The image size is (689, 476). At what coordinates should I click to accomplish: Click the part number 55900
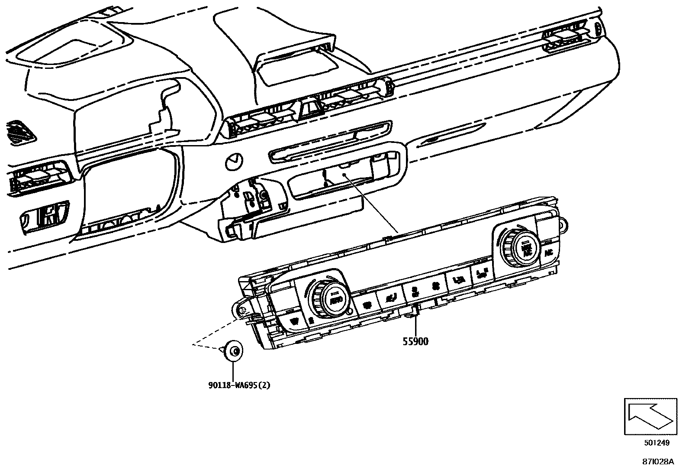(x=415, y=342)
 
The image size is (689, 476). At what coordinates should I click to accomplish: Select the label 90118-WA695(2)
(x=239, y=385)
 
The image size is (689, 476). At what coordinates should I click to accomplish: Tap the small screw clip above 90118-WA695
(x=234, y=350)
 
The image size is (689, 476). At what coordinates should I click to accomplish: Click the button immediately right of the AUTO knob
(x=366, y=304)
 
